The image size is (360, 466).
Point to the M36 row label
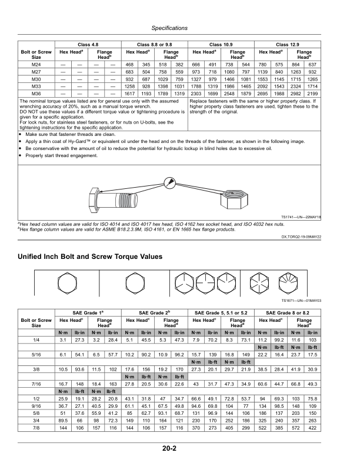click(36, 94)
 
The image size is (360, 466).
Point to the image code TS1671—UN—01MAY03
click(301, 300)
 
